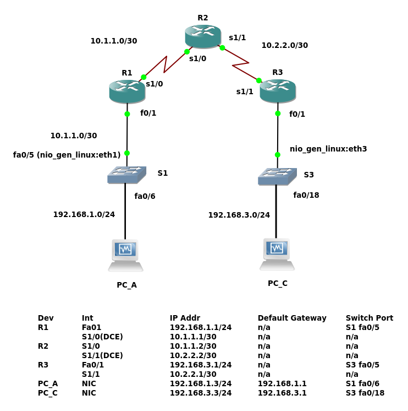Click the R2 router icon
pos(203,36)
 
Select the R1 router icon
pos(127,91)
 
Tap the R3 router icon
pos(278,91)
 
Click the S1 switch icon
pos(126,175)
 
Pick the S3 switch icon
pos(277,176)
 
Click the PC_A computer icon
pos(126,255)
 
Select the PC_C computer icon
pos(277,254)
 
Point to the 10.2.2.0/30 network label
pos(284,45)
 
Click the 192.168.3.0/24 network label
pos(239,215)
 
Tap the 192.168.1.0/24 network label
pos(84,214)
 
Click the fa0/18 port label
pos(306,195)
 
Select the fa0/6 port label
pos(145,196)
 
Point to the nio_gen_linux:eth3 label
pos(328,149)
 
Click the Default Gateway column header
pos(292,318)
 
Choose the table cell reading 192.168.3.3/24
pos(201,393)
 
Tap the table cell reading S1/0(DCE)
pos(102,337)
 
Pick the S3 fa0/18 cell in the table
pos(365,393)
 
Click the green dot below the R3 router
pos(278,113)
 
